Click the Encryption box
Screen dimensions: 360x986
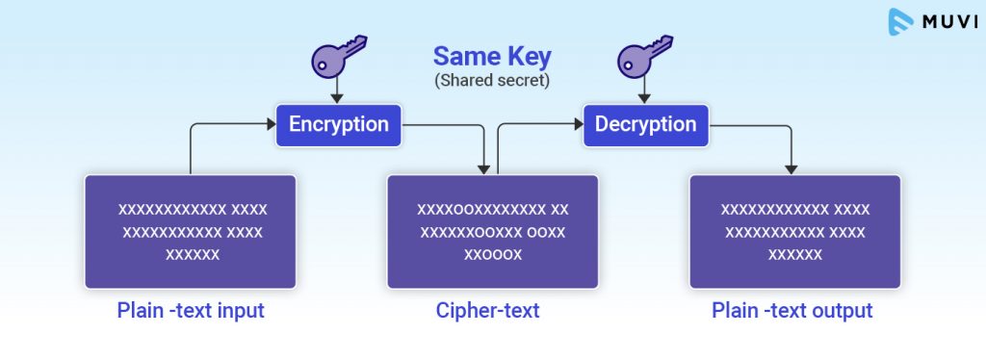[x=339, y=125]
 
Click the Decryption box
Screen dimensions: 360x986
[x=645, y=125]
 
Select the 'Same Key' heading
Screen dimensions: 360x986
[x=491, y=56]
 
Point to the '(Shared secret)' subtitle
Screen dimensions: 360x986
[x=492, y=81]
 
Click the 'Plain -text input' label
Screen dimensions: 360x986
[x=190, y=311]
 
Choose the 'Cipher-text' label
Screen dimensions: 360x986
[x=492, y=311]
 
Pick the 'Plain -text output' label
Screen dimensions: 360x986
[x=792, y=311]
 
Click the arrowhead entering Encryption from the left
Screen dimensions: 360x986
[x=271, y=124]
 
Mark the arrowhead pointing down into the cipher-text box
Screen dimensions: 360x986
[x=481, y=168]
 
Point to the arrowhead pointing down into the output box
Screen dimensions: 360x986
[x=791, y=168]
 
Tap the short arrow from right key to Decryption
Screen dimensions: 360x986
[x=644, y=92]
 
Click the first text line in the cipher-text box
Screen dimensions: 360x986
[x=492, y=209]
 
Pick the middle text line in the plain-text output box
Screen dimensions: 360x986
[x=795, y=232]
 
